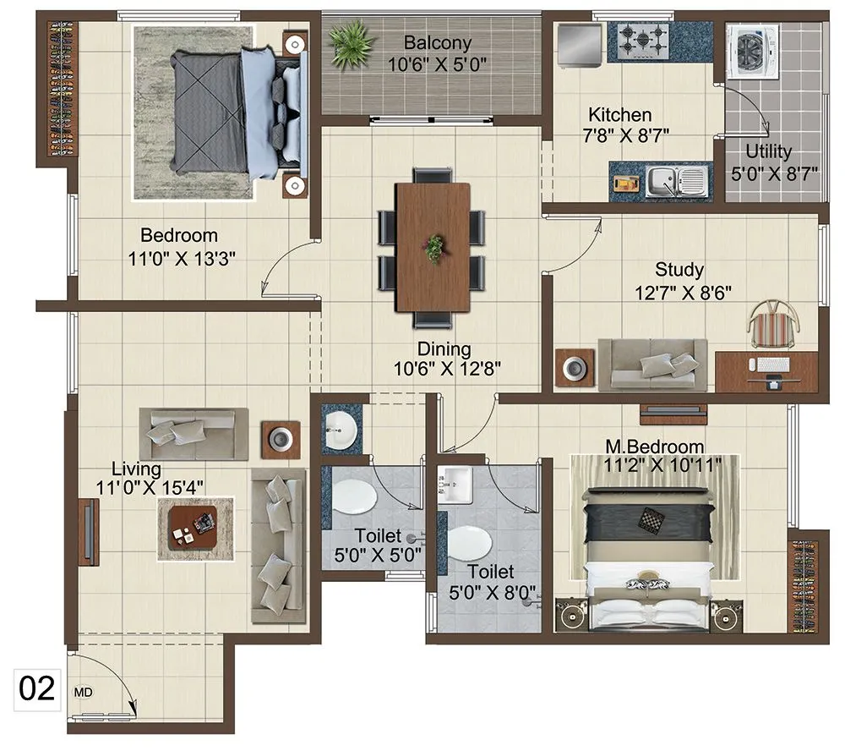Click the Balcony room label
pos(437,42)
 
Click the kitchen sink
pos(674,180)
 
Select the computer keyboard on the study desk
pos(773,365)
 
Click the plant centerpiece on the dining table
pos(433,247)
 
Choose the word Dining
pos(444,348)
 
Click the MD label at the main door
pos(84,692)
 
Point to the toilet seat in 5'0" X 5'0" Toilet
pos(354,497)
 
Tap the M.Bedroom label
pos(654,446)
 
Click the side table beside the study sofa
pos(575,367)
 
